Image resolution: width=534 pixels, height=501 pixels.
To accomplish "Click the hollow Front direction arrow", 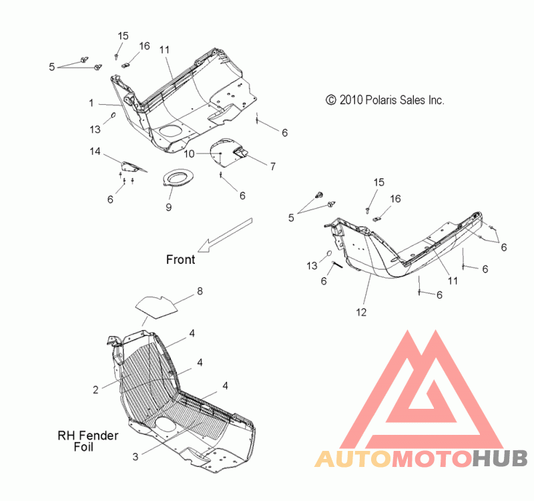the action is pos(225,235).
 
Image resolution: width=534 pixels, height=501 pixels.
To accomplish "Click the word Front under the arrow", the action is pos(180,260).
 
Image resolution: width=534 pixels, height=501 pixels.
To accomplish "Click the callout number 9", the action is pos(169,207).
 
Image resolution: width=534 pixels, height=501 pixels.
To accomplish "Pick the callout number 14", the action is pos(95,151).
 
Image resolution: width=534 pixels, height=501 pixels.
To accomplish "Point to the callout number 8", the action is pos(200,291).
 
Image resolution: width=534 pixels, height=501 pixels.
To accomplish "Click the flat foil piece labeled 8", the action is pos(157,307).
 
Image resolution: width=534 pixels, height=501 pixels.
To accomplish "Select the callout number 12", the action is pos(361,312).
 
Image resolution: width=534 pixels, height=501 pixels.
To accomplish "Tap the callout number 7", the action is pos(273,166).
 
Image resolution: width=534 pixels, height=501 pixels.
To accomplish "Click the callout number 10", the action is pos(189,154).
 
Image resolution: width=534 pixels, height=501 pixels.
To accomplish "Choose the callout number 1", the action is pos(91,103).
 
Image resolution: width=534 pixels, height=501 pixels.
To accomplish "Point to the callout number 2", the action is pos(95,390).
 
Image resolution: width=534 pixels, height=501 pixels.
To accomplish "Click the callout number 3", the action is pos(136,457).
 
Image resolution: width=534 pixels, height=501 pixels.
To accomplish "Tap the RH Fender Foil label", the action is pos(88,441).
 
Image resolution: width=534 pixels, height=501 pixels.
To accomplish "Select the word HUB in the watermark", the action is pos(500,459).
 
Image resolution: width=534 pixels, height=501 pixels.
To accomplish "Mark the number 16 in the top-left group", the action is pos(144,46).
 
